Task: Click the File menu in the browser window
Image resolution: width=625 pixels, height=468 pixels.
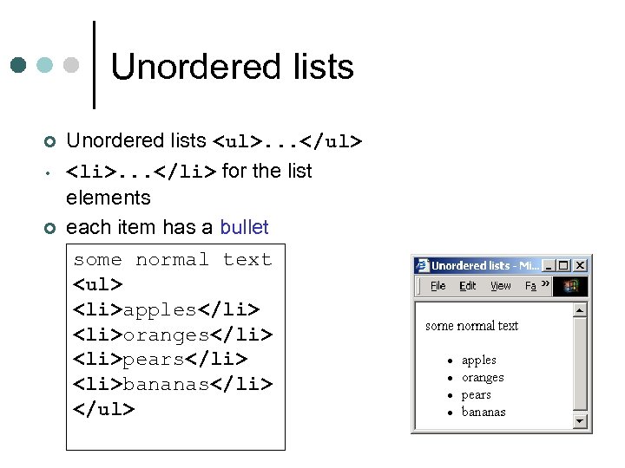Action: [438, 286]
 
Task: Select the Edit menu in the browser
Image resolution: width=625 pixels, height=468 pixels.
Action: [468, 286]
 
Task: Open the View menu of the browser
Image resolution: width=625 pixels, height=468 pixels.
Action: [501, 286]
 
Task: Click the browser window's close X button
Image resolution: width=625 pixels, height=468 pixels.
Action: [581, 265]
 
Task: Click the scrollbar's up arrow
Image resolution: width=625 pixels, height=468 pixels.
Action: [580, 309]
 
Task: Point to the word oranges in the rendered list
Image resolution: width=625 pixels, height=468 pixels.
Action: [483, 378]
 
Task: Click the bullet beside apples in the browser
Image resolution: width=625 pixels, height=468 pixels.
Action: [450, 361]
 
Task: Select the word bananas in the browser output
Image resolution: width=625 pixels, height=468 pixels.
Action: [484, 412]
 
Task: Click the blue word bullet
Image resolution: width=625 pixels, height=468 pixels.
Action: [244, 227]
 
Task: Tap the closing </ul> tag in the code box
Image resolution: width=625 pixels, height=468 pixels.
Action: [104, 409]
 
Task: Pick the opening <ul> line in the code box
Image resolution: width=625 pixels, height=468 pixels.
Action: [98, 284]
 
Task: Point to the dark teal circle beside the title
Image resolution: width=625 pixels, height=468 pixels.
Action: [20, 66]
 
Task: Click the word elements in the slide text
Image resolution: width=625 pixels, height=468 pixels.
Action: [109, 198]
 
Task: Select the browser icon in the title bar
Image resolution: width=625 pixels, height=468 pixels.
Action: [423, 265]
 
